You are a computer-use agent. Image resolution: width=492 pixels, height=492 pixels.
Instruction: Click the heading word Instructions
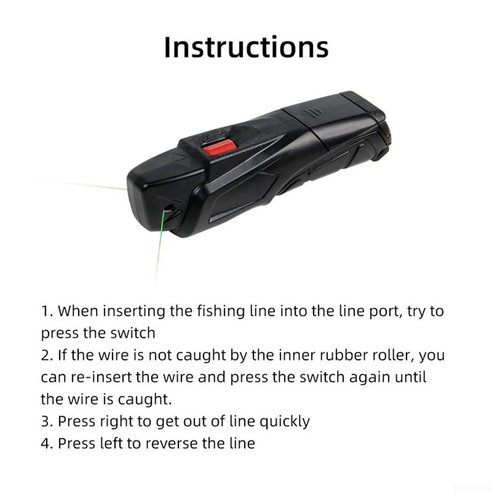246,47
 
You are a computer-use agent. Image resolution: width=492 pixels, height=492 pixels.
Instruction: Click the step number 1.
46,311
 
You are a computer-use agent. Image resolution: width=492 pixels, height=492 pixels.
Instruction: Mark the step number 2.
46,355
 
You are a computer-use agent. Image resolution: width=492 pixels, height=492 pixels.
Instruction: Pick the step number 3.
46,421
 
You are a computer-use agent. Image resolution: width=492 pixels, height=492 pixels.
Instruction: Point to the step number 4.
46,443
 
